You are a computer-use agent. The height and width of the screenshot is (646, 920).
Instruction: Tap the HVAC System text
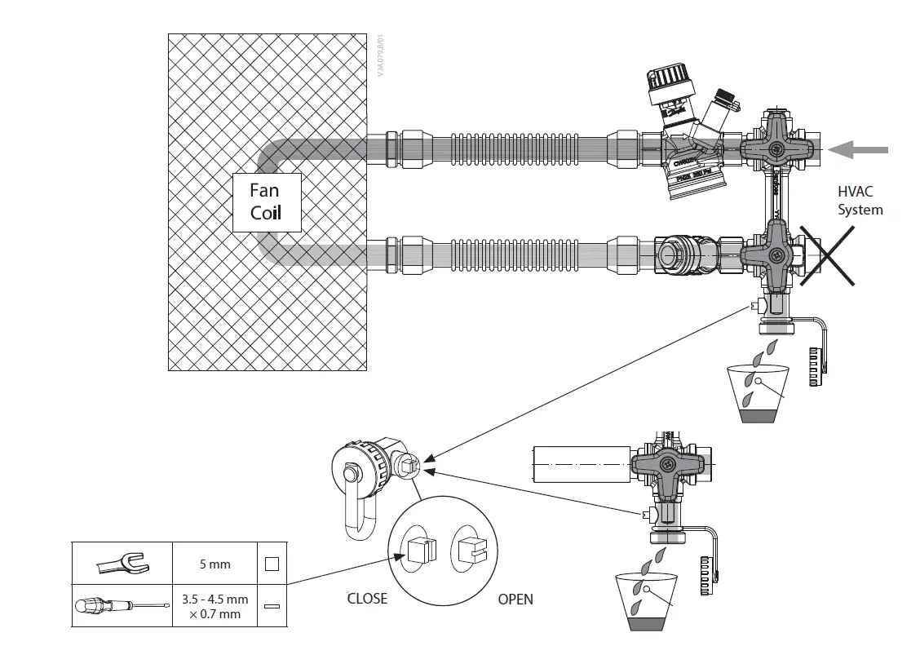click(860, 201)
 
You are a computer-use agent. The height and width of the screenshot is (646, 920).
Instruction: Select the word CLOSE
click(367, 599)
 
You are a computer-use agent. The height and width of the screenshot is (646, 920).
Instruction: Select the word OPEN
click(515, 600)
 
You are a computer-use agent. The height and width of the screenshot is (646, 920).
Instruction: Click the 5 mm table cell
click(215, 564)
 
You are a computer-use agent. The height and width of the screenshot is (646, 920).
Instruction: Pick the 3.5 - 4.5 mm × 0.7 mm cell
click(215, 606)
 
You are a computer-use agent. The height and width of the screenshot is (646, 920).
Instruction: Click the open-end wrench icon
click(122, 563)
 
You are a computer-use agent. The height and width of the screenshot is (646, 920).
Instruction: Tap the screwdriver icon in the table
click(122, 606)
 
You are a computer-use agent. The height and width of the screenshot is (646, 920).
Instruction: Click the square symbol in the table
click(272, 564)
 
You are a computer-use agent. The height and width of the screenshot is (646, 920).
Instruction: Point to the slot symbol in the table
click(272, 607)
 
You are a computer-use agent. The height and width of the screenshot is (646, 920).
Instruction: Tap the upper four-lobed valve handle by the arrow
click(776, 149)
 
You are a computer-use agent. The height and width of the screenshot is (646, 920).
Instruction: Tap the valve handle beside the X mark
click(772, 254)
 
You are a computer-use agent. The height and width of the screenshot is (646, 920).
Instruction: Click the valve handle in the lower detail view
click(666, 467)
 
